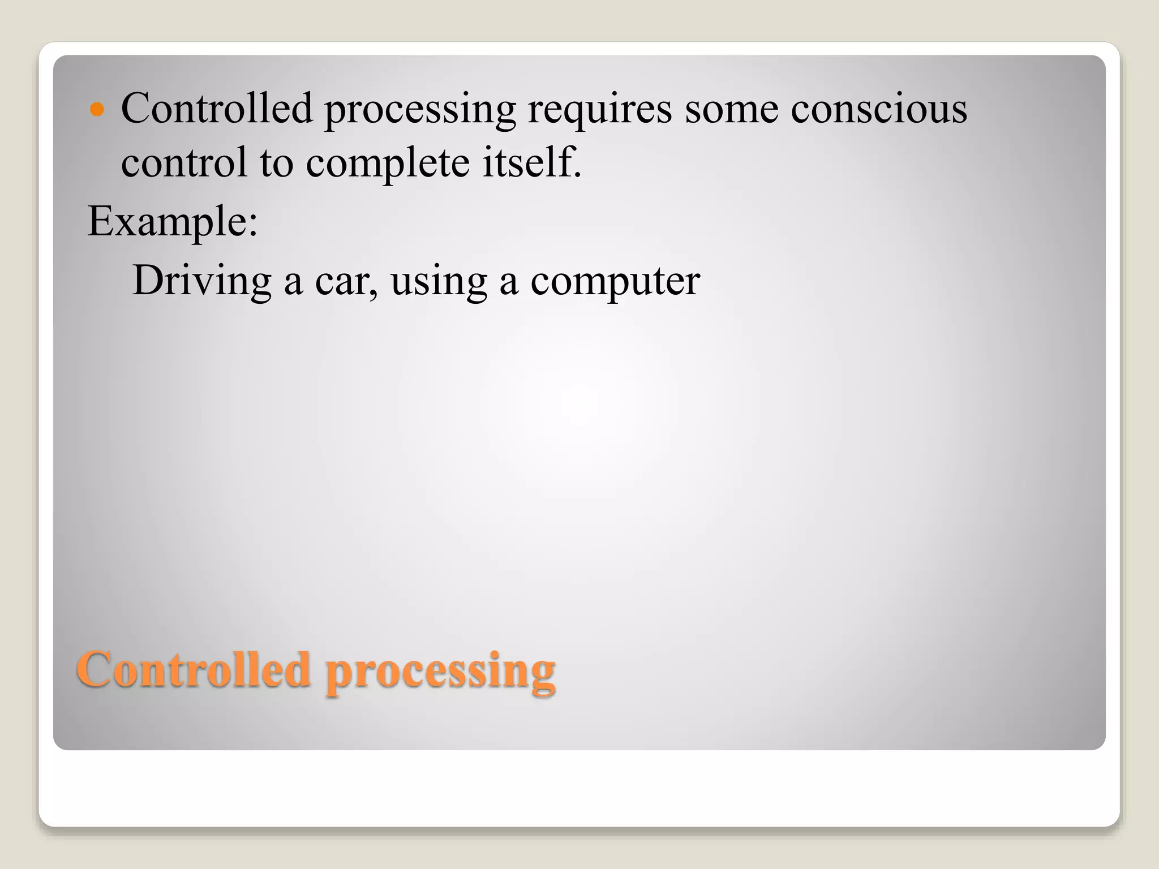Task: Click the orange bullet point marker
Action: tap(97, 109)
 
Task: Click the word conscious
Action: tap(878, 109)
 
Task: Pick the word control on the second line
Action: tap(184, 162)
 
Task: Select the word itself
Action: tap(527, 162)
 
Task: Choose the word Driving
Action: tap(201, 282)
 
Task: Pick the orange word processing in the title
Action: tap(440, 672)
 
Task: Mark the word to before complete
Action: tap(276, 163)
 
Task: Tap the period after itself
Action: tap(577, 175)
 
